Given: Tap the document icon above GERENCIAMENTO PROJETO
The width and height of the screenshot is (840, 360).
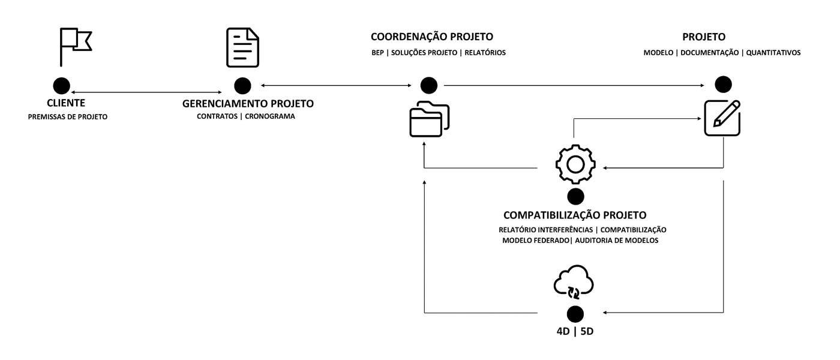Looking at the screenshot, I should click(x=242, y=48).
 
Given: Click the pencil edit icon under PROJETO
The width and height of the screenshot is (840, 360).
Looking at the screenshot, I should click(x=722, y=118).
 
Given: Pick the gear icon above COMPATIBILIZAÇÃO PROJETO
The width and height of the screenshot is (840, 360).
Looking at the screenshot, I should click(x=575, y=164).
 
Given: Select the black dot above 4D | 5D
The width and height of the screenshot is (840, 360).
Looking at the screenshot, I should click(x=575, y=313).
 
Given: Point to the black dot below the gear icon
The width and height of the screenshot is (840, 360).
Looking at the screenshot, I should click(x=575, y=196).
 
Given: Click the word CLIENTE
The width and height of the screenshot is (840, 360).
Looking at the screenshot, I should click(x=66, y=104).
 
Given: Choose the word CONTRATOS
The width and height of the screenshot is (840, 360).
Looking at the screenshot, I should click(x=217, y=117).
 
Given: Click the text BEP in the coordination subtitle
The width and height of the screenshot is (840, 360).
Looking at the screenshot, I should click(x=377, y=53).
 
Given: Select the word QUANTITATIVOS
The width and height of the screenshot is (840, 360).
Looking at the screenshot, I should click(x=773, y=53).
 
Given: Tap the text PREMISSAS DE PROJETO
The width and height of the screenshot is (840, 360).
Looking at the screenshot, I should click(x=68, y=117).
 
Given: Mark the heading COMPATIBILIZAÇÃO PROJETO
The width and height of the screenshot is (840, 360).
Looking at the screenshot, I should click(x=575, y=215).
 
